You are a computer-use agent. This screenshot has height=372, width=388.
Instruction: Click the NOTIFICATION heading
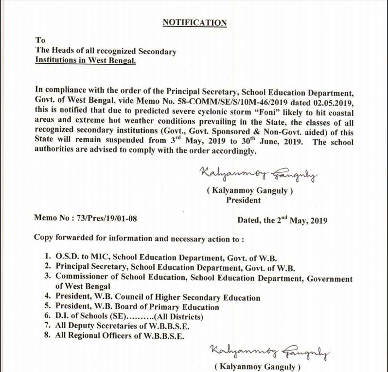[x=194, y=22]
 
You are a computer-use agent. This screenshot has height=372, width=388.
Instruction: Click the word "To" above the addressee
[x=40, y=40]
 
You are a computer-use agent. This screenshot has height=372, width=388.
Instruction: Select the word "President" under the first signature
[x=244, y=200]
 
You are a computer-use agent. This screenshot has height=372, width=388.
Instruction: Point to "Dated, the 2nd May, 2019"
[x=282, y=219]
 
